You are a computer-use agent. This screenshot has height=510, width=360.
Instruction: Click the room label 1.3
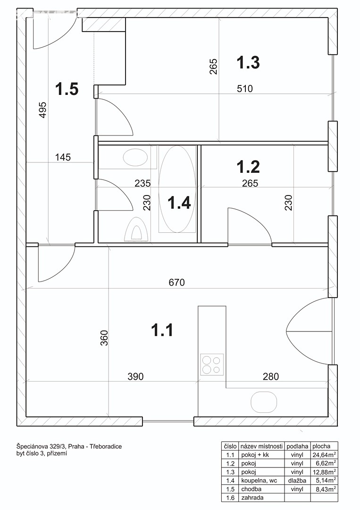click(248, 63)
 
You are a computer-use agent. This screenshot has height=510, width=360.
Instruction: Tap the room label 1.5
click(67, 89)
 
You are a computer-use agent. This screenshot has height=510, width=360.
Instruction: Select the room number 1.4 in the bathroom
click(179, 203)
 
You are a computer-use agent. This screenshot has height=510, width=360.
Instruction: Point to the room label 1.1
click(162, 330)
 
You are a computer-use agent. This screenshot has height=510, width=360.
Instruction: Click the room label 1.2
click(248, 167)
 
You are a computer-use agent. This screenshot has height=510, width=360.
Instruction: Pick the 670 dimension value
click(177, 282)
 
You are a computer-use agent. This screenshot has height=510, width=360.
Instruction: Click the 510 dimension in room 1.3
click(245, 88)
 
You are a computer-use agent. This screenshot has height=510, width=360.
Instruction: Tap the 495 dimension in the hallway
click(43, 110)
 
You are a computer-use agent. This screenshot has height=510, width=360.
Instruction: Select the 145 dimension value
click(63, 157)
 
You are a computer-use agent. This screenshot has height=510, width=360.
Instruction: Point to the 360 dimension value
click(104, 338)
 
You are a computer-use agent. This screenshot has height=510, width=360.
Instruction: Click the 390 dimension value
click(135, 377)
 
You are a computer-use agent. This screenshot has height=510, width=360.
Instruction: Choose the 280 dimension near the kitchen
click(271, 377)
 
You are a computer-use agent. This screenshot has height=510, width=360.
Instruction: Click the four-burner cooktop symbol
click(212, 364)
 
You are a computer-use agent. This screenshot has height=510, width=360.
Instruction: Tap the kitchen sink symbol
click(264, 402)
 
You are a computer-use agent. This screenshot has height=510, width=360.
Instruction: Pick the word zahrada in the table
click(252, 497)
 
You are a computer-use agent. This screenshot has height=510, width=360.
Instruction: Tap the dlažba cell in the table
click(297, 480)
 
